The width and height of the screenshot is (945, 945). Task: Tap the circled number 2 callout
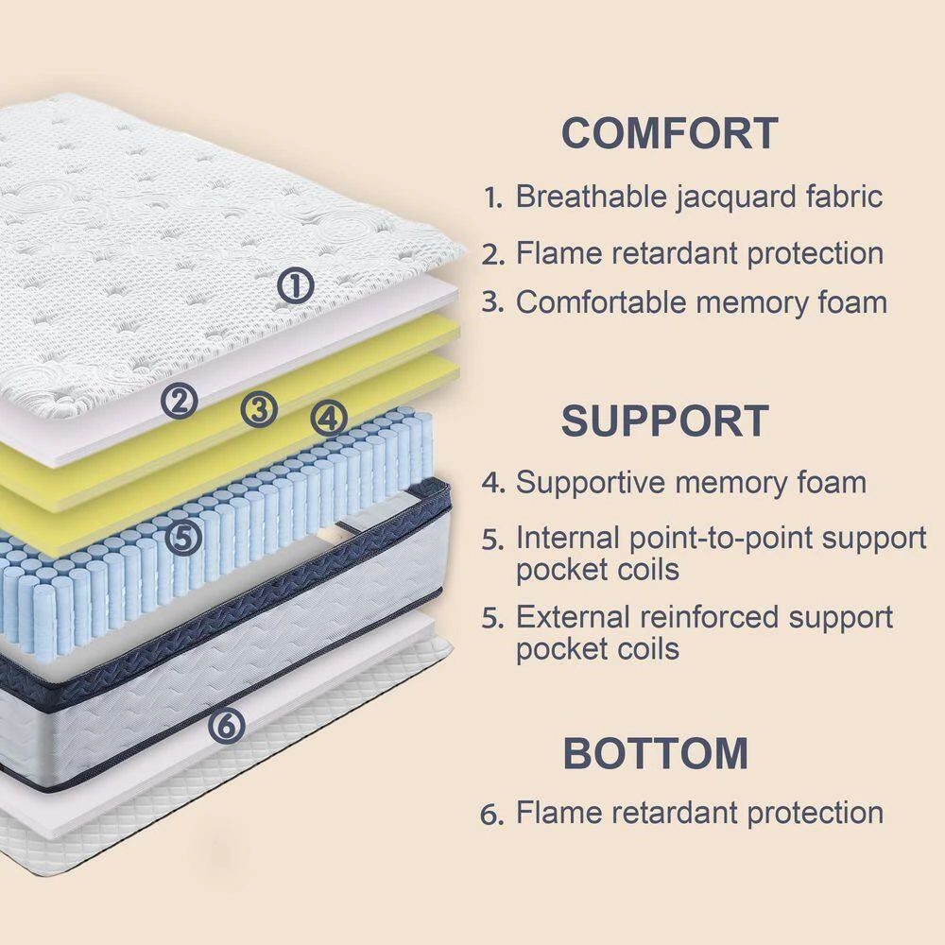179,402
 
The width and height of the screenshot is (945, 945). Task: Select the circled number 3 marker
259,409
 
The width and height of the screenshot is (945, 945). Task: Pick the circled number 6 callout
227,726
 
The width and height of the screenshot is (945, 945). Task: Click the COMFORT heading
669,133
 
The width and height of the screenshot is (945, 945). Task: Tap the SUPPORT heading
665,421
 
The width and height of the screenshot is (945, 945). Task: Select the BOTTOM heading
656,753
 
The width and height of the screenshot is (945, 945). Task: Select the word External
573,617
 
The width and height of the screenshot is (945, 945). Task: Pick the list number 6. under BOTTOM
492,814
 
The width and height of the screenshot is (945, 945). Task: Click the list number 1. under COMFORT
492,198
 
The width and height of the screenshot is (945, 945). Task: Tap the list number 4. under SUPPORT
492,484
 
